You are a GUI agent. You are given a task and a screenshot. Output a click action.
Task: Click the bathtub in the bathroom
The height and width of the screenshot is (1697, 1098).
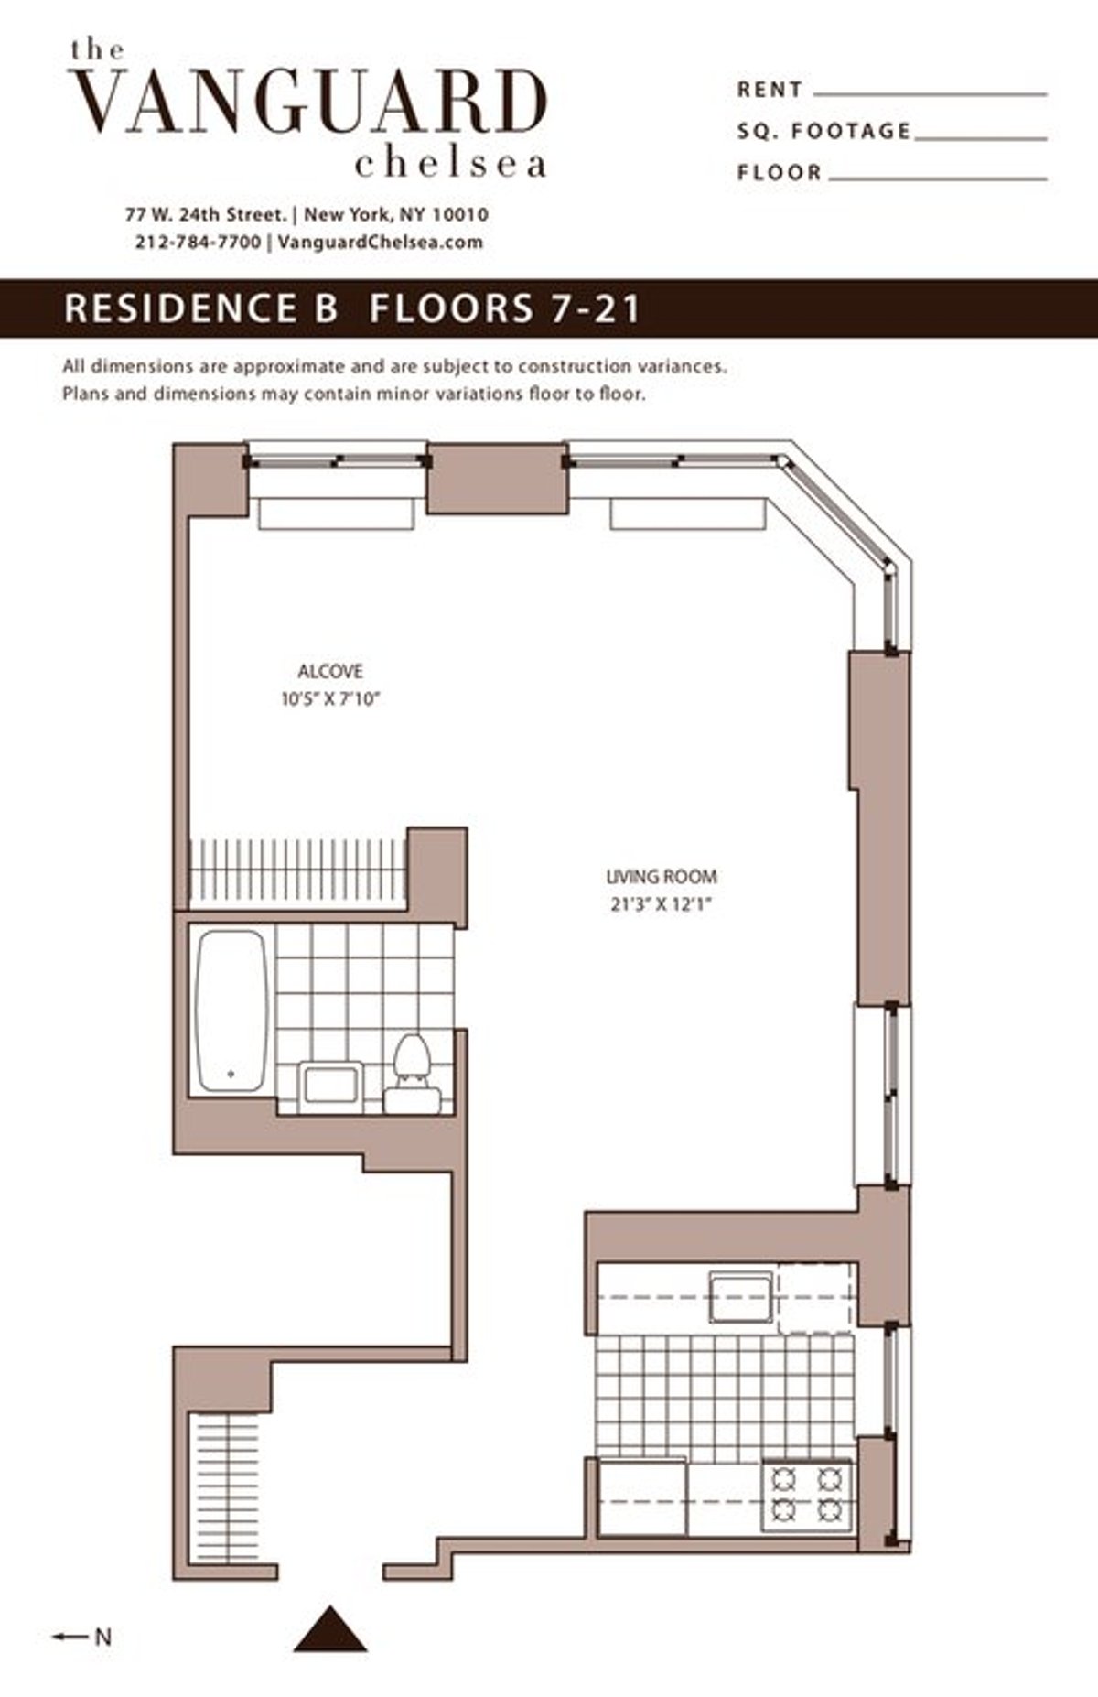click(232, 1011)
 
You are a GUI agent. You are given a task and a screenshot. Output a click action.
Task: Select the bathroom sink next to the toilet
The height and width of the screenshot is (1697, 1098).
click(330, 1086)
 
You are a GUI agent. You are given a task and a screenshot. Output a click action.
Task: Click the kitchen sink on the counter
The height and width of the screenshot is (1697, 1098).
click(742, 1297)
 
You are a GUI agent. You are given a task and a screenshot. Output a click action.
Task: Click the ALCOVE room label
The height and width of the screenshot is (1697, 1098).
click(330, 671)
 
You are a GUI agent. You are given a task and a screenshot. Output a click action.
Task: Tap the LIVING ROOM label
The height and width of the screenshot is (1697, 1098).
click(661, 877)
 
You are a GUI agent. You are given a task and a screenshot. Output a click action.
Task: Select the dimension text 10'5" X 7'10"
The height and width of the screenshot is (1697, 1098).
click(330, 700)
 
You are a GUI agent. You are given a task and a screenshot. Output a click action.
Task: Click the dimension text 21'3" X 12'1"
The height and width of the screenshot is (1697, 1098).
click(661, 905)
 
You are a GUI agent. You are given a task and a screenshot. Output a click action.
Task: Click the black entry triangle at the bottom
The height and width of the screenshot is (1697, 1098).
click(330, 1627)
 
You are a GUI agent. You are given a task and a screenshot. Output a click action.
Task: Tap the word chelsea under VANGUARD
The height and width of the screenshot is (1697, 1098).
click(450, 164)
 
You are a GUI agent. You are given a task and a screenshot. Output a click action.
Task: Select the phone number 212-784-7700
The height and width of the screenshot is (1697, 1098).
click(197, 243)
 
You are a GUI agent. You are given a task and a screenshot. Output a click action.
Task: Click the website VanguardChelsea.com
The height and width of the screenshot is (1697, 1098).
click(379, 243)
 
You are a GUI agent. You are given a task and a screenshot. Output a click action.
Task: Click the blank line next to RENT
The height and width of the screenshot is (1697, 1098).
click(929, 92)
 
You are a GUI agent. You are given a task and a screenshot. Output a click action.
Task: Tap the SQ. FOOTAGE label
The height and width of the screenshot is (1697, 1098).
click(823, 132)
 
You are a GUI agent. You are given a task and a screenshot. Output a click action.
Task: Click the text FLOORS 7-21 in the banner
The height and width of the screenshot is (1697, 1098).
click(505, 308)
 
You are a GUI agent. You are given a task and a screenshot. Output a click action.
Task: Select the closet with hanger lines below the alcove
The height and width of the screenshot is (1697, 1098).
click(297, 874)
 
